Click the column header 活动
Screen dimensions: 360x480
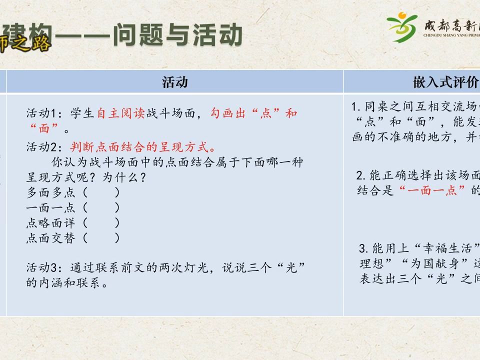[175, 82]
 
